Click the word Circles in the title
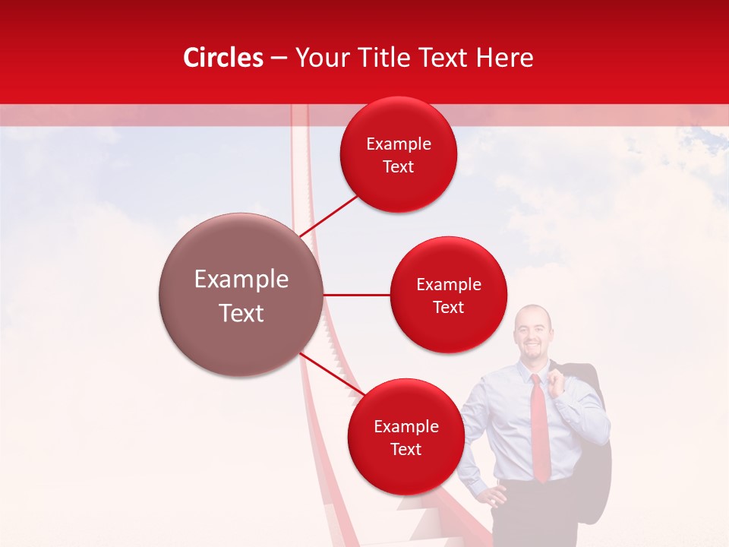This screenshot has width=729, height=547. [222, 58]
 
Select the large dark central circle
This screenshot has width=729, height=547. [241, 295]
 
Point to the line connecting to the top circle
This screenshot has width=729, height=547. [329, 215]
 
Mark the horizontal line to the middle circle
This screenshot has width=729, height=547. [357, 295]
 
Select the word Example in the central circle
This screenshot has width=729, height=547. [241, 280]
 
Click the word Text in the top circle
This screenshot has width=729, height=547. [398, 167]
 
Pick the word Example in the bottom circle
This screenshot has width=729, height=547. [406, 426]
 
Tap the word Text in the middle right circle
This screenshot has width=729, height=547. [448, 308]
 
